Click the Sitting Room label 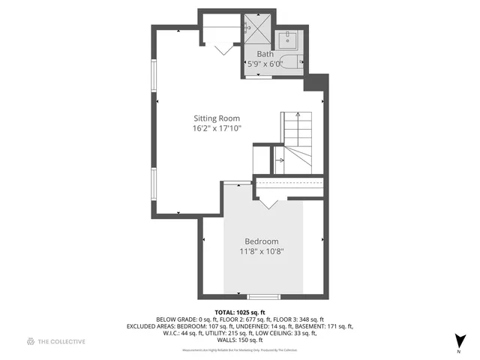coord(217,118)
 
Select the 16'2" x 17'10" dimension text coord(217,128)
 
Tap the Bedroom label coord(262,241)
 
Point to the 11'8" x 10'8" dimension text coord(262,251)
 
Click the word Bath coord(265,54)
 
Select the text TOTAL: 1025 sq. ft coord(240,312)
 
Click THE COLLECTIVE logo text coord(62,341)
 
